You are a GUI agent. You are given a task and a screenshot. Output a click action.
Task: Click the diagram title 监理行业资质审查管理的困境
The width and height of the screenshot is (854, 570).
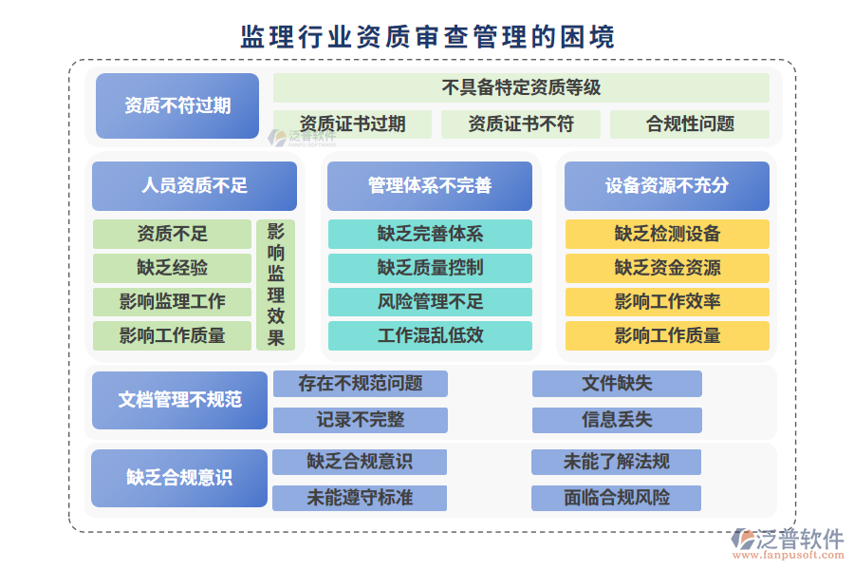point(427,37)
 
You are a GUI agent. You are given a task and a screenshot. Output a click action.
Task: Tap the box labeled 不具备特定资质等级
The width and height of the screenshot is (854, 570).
point(521,87)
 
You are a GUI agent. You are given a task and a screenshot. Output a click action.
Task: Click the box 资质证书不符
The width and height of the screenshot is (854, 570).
point(521,123)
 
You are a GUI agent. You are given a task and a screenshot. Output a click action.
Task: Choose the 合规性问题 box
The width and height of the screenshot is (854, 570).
point(690,123)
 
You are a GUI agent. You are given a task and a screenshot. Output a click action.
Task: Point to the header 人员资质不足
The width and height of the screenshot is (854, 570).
point(195,185)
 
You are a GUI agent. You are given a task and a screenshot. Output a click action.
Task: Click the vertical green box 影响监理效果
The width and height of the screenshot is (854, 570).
point(275,285)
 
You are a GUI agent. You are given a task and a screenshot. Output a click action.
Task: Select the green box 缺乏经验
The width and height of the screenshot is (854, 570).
point(172,268)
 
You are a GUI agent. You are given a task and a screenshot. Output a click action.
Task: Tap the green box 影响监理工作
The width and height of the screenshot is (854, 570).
point(172,302)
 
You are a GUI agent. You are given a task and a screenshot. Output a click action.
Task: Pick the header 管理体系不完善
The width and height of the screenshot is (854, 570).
point(430,185)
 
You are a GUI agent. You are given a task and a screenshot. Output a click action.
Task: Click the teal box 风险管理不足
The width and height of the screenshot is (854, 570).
point(430,302)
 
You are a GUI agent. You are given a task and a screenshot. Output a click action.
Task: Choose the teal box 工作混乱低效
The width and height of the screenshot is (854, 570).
point(430,335)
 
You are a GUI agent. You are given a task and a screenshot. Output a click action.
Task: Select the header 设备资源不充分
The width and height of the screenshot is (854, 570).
point(666,185)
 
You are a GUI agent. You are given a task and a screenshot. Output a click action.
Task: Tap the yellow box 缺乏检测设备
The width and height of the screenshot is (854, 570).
point(666,234)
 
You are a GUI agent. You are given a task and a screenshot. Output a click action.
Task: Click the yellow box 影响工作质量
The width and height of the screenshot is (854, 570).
point(666,335)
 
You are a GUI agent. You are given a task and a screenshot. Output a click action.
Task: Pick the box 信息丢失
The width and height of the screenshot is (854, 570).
point(617,419)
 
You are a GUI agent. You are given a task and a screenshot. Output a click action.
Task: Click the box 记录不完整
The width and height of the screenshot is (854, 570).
point(360,419)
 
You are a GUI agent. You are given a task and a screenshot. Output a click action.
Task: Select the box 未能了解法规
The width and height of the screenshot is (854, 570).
point(617,462)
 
